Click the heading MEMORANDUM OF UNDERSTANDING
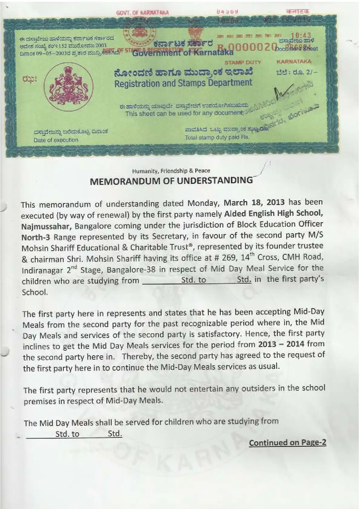(x=171, y=181)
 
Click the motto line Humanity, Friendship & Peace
(x=171, y=171)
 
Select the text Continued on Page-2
(x=287, y=442)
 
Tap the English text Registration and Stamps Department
(x=183, y=83)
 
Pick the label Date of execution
(x=56, y=140)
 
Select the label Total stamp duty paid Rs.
(x=217, y=137)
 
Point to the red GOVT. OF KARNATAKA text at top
(x=142, y=13)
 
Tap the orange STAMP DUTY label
(x=243, y=62)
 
